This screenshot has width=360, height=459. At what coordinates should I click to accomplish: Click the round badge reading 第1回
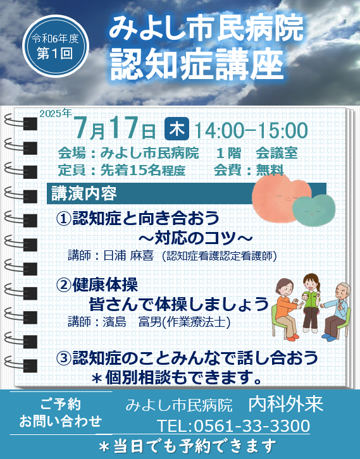56,46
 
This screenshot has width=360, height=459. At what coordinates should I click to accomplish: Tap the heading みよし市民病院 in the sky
206,28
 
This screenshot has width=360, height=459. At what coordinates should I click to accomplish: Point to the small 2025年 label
56,113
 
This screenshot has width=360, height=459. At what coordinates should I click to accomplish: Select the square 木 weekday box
177,129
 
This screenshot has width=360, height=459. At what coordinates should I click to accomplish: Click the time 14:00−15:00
251,131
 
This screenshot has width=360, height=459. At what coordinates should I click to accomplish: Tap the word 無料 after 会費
270,170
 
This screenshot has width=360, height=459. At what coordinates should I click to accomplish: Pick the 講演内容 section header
84,193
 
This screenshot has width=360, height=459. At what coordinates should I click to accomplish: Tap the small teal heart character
314,210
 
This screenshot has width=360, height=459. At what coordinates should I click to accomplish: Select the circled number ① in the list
63,218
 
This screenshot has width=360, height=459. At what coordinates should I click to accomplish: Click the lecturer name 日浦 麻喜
128,256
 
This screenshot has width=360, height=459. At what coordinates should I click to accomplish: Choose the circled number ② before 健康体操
63,286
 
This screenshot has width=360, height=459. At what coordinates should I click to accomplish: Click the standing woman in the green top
310,302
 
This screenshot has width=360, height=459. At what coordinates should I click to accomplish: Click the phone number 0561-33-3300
252,426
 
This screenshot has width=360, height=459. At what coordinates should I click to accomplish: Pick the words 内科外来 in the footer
285,404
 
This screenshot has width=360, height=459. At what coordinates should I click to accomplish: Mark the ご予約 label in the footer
61,405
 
